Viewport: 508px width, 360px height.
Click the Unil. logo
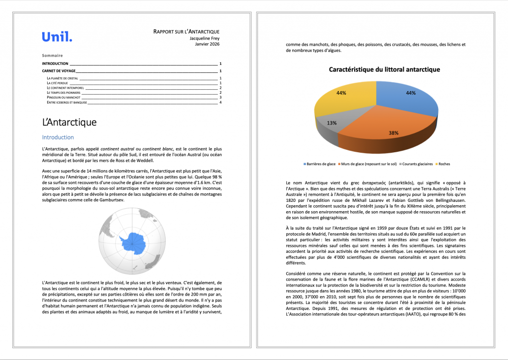[x=57, y=37]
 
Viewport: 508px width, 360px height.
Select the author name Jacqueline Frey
[x=204, y=38]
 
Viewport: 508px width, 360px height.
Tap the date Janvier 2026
[x=207, y=44]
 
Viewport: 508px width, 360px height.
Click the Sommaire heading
[x=52, y=56]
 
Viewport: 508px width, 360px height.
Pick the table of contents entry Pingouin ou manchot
[x=63, y=97]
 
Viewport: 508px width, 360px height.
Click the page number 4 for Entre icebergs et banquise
[x=220, y=102]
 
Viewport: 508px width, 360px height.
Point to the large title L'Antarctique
[x=69, y=122]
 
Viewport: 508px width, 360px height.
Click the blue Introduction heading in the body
[x=58, y=137]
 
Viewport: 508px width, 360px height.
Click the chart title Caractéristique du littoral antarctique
[x=384, y=69]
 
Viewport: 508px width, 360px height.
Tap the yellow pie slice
[x=342, y=97]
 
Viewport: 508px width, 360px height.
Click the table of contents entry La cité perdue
[x=58, y=83]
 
